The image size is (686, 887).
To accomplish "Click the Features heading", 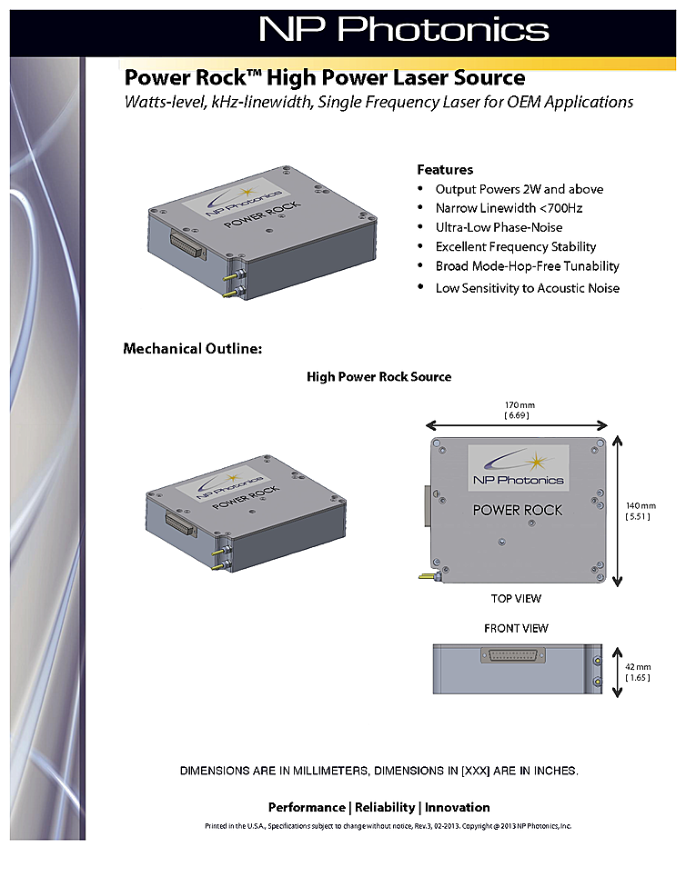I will (445, 170).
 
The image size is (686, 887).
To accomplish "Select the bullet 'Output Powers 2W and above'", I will (519, 189).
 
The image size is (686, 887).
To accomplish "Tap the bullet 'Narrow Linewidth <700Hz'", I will (509, 208).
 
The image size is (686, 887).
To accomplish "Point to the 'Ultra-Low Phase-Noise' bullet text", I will (499, 227).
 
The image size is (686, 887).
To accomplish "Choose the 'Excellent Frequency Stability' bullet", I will (516, 246).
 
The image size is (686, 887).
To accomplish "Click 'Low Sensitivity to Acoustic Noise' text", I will (527, 288).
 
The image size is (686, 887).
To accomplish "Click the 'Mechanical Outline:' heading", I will (192, 348).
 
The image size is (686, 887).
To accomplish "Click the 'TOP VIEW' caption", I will (516, 598).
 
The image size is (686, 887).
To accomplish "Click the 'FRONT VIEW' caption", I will (516, 628).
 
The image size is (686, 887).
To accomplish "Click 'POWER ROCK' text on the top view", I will (517, 510).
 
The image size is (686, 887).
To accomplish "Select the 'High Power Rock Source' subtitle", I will (378, 376).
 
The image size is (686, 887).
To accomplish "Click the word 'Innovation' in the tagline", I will (458, 807).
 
